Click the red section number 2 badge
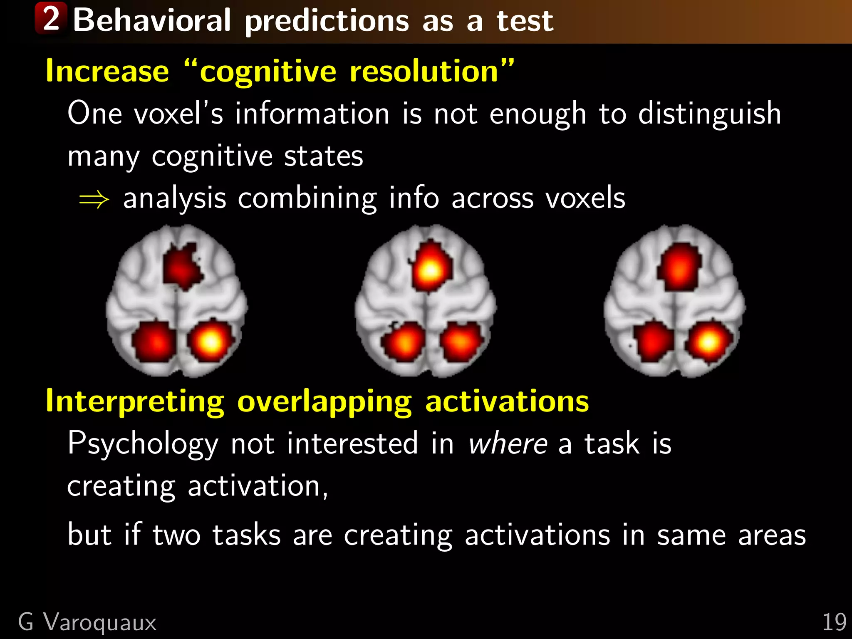click(x=51, y=18)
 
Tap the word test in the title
click(x=525, y=21)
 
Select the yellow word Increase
click(x=107, y=72)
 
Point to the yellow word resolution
click(x=424, y=72)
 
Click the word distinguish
click(x=710, y=114)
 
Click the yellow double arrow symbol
click(x=94, y=200)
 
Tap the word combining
click(x=307, y=198)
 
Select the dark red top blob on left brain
click(x=181, y=267)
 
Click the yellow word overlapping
click(x=324, y=402)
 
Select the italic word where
click(x=508, y=444)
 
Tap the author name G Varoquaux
click(x=87, y=622)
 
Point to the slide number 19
click(x=834, y=622)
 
